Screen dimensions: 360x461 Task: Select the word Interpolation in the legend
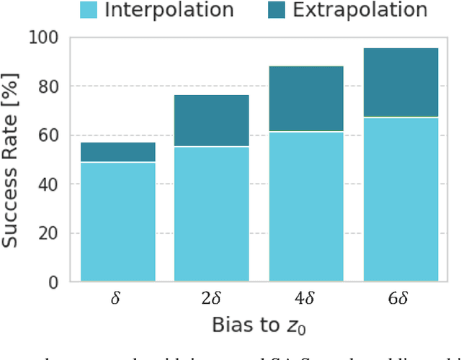point(169,10)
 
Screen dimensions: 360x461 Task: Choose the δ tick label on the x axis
point(117,298)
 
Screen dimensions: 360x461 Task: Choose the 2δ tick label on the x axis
point(212,298)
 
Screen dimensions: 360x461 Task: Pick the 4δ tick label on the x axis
point(306,298)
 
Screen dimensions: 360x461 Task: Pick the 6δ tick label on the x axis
point(400,298)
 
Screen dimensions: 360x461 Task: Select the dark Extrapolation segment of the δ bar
point(117,152)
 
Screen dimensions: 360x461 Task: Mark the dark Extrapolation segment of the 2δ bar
point(212,120)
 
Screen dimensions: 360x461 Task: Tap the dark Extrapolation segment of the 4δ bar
point(306,99)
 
